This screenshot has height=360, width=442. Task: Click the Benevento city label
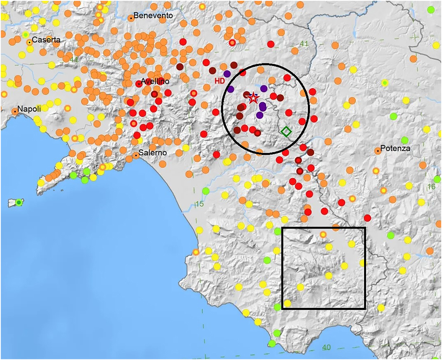click(x=153, y=15)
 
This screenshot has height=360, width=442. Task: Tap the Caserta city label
click(x=46, y=40)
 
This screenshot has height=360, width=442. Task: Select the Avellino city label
click(x=155, y=81)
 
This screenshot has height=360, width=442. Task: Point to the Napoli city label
click(x=29, y=109)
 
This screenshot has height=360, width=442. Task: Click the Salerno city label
click(x=152, y=153)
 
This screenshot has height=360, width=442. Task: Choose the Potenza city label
click(x=395, y=148)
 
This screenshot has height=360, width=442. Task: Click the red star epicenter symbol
click(x=254, y=98)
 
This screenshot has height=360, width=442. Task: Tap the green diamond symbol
click(x=286, y=131)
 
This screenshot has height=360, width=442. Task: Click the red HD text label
click(x=220, y=81)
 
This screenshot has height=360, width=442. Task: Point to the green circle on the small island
click(x=19, y=202)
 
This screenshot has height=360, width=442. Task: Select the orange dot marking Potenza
click(x=378, y=151)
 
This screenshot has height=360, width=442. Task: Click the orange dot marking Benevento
click(x=131, y=18)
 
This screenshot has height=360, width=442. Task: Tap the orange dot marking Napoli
click(x=15, y=111)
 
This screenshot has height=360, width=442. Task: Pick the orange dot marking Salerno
click(x=136, y=155)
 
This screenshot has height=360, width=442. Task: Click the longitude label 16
click(x=431, y=187)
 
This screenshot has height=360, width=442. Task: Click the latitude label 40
click(x=326, y=347)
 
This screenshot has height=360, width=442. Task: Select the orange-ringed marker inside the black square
click(x=323, y=235)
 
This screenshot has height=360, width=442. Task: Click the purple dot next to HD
click(x=227, y=74)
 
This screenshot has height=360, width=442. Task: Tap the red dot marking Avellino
click(x=139, y=84)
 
